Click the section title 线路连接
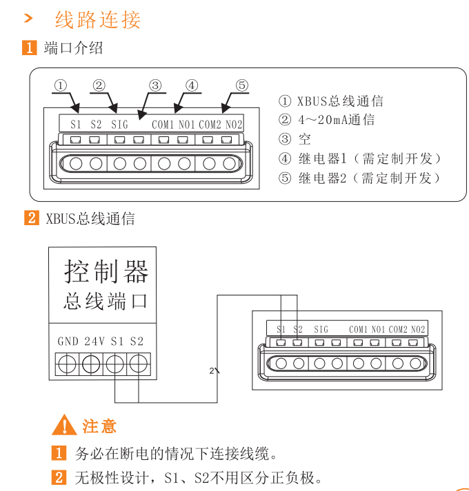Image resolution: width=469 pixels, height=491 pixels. coord(98,19)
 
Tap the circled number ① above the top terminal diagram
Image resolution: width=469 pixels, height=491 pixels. coord(61,85)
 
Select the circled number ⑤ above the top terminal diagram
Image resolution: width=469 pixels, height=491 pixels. coord(241,85)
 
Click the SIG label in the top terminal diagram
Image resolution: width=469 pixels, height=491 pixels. coord(119,125)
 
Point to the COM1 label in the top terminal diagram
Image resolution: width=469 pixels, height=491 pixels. coord(163,125)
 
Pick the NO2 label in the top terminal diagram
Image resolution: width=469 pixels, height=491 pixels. coord(234,125)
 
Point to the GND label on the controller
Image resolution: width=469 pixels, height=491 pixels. coord(68,341)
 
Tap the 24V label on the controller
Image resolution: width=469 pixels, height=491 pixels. coord(94,341)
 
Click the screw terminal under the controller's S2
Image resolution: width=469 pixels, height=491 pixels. coord(139,362)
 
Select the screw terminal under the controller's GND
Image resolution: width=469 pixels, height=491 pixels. coord(68,362)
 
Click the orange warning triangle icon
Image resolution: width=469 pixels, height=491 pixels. coord(65,426)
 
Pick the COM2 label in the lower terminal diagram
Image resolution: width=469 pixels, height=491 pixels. coord(398,330)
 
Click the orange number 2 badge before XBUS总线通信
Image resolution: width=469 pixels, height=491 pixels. coord(31,219)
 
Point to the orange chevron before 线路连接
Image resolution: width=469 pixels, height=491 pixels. coord(28,18)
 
